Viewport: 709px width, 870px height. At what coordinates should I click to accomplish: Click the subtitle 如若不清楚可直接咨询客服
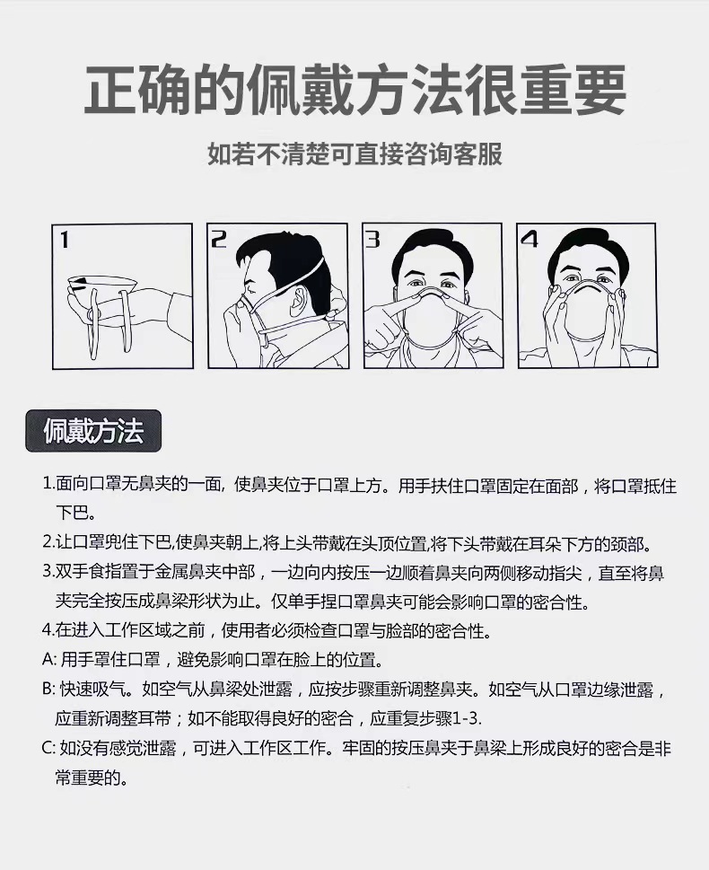click(354, 154)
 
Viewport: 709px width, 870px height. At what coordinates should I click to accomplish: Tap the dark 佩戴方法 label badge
click(92, 431)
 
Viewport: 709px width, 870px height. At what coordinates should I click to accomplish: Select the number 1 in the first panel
click(65, 240)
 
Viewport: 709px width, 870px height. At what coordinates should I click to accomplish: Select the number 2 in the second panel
click(219, 239)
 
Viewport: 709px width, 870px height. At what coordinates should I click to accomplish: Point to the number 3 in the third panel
click(373, 239)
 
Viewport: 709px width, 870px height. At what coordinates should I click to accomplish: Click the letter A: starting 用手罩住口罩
click(49, 660)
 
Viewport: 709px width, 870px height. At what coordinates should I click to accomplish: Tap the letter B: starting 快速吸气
click(49, 690)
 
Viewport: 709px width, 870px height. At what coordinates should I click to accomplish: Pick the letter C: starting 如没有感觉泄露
click(49, 748)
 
